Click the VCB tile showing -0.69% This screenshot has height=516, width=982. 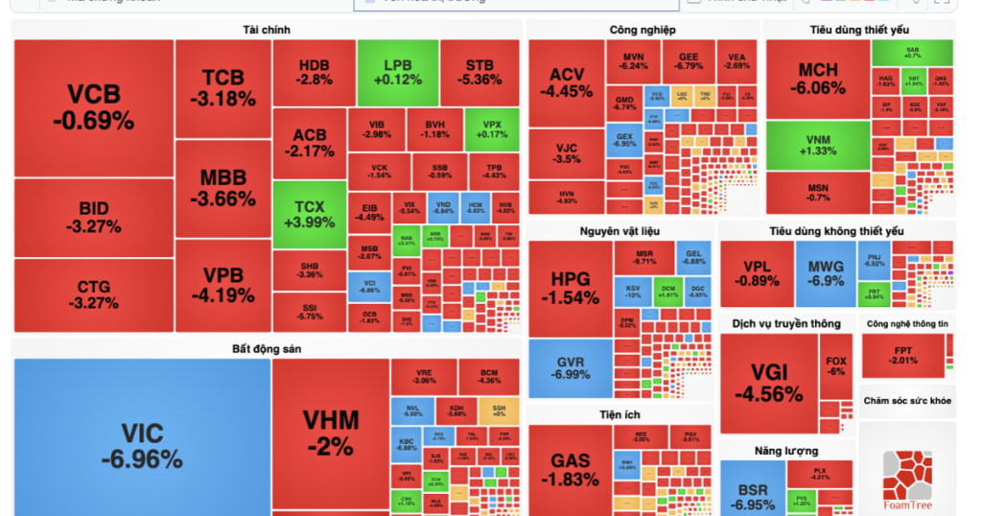[x=93, y=107]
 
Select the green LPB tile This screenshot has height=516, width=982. [x=397, y=72]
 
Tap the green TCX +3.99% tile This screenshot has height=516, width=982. [x=309, y=214]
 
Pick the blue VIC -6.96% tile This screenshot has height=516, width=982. [x=141, y=445]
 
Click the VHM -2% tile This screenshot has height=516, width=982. [x=330, y=432]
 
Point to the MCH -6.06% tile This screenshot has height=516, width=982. [x=817, y=79]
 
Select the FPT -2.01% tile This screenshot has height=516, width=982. [x=902, y=355]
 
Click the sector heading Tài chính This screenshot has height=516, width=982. [x=267, y=31]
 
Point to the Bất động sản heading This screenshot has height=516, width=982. [x=267, y=349]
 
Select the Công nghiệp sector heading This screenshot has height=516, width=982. [x=642, y=31]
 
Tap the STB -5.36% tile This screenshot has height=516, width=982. [x=479, y=72]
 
